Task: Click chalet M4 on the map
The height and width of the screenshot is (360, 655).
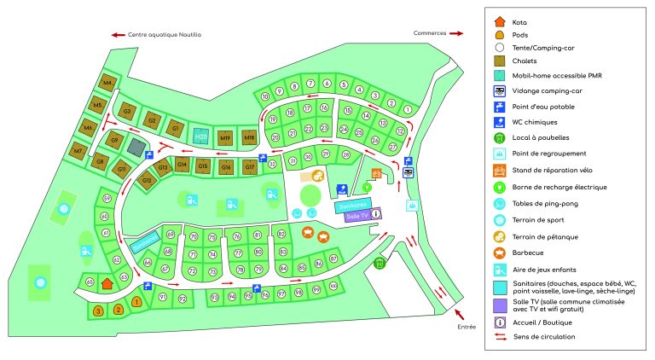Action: [x=107, y=83]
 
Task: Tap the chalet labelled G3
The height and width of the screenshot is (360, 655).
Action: [x=127, y=112]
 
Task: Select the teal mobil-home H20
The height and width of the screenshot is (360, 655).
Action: [x=201, y=136]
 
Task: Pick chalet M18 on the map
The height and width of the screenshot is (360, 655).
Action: [x=250, y=137]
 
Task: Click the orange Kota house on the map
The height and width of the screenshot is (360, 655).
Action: [x=107, y=282]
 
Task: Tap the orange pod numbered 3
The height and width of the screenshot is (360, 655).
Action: [x=98, y=311]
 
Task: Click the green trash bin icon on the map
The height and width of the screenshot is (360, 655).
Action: [x=380, y=264]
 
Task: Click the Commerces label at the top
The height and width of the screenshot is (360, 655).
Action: [x=431, y=33]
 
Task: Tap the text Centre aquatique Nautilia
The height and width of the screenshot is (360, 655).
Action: [x=163, y=35]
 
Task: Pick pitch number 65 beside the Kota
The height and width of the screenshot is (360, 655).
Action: [x=89, y=282]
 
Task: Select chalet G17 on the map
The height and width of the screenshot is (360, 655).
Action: [x=250, y=167]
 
